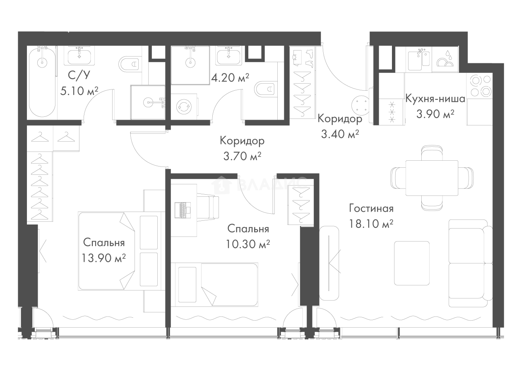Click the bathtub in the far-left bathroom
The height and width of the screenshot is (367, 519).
(x=41, y=81)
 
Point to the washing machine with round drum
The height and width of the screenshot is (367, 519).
(x=183, y=106)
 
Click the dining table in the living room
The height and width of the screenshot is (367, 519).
(x=432, y=178)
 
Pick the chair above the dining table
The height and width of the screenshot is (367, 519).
(x=432, y=151)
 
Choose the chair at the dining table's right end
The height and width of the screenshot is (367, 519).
(x=468, y=178)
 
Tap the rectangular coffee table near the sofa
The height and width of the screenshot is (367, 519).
(x=412, y=263)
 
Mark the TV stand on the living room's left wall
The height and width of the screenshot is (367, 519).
(x=331, y=263)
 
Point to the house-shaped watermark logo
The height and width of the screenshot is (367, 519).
(x=221, y=185)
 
